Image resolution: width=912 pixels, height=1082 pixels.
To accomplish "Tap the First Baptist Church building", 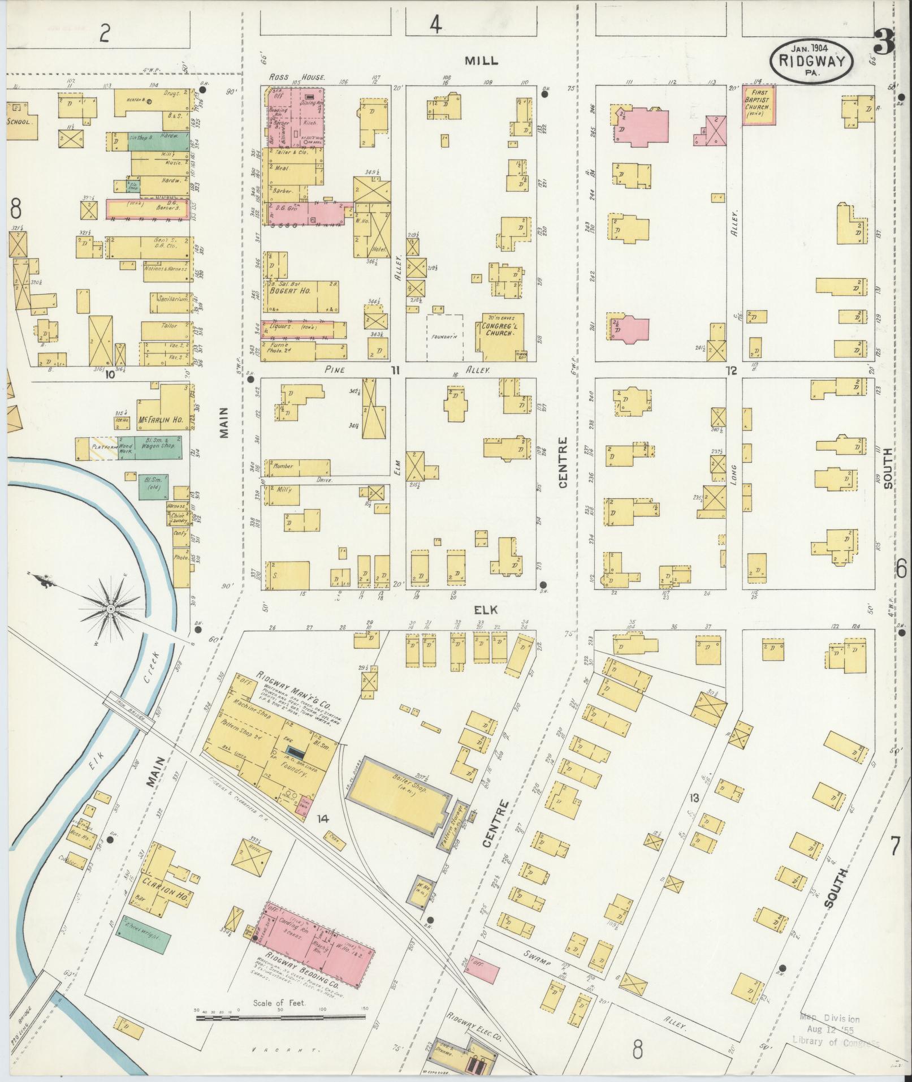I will click(759, 105).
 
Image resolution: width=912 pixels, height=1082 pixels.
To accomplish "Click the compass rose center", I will click(111, 609).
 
